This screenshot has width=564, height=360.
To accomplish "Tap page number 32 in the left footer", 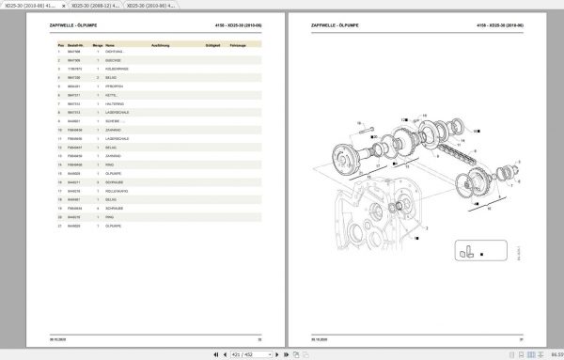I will pyautogui.click(x=258, y=338).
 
